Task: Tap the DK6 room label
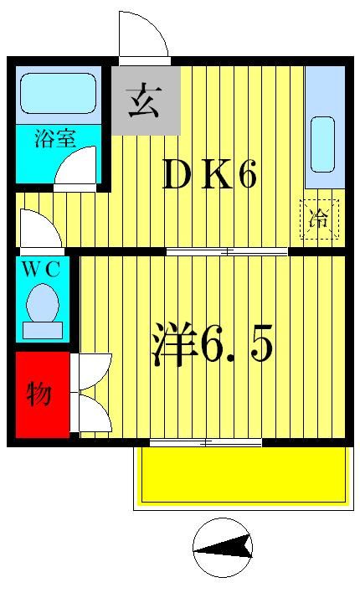point(208,176)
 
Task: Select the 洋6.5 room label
point(212,344)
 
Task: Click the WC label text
point(39,270)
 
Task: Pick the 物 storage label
point(39,392)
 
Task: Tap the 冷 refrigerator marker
point(319,219)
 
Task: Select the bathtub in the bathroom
point(58,95)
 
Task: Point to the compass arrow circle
point(222,548)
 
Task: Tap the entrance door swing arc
point(141,35)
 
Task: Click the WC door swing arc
point(39,231)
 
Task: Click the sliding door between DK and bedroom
point(227,251)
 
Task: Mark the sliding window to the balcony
point(206,441)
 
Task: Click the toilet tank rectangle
point(42,329)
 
